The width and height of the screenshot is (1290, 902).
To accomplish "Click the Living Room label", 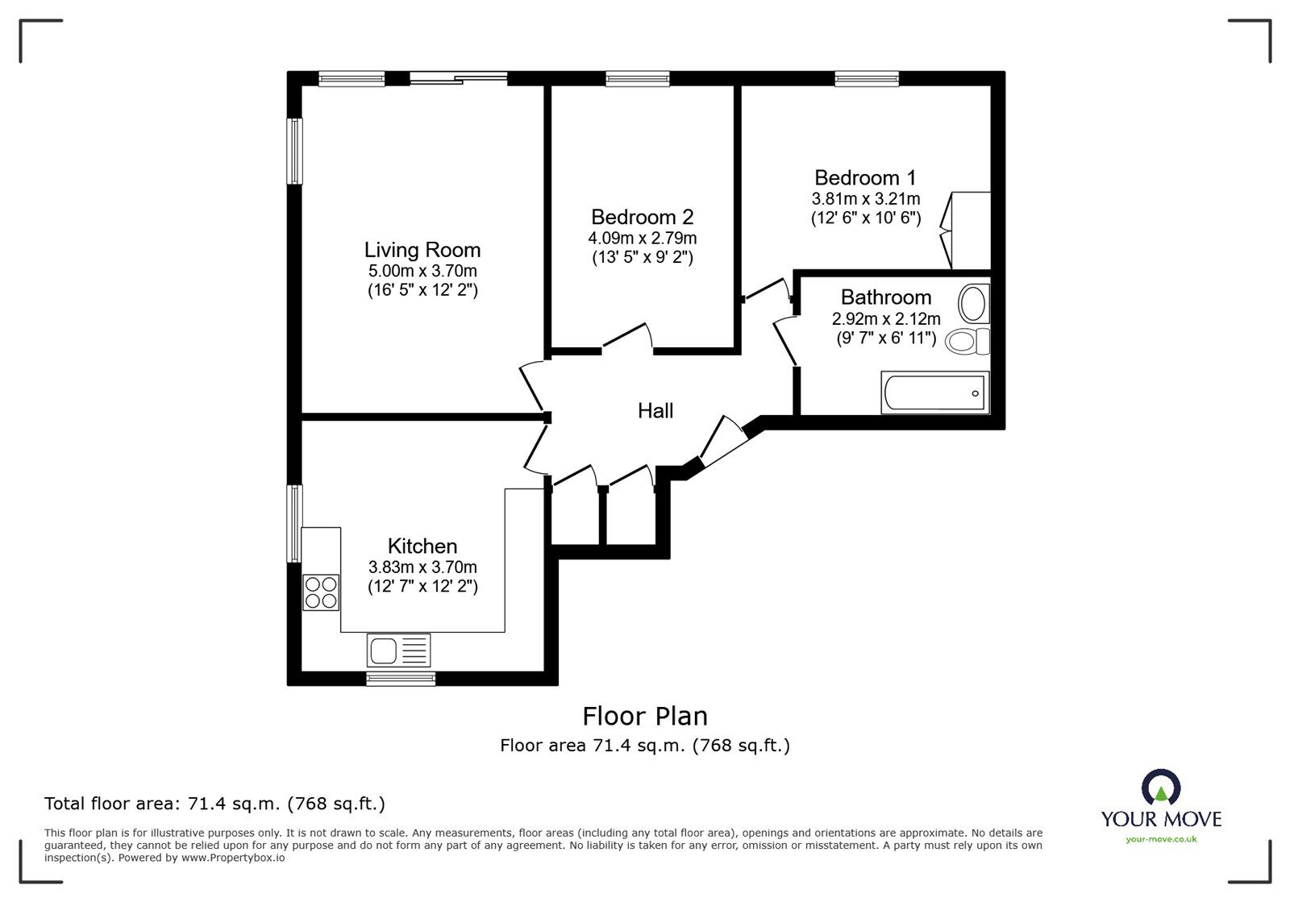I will pyautogui.click(x=422, y=250).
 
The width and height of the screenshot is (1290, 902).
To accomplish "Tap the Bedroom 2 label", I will pyautogui.click(x=642, y=217).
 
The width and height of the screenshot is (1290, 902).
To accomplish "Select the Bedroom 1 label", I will pyautogui.click(x=865, y=177).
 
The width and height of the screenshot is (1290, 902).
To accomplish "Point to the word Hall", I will pyautogui.click(x=655, y=411).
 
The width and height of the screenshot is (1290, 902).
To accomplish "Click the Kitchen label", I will pyautogui.click(x=422, y=546).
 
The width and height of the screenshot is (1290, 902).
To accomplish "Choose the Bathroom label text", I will pyautogui.click(x=885, y=297).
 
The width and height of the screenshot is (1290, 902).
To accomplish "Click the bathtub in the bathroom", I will pyautogui.click(x=934, y=393).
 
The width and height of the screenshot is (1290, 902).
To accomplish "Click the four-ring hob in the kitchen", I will pyautogui.click(x=321, y=592).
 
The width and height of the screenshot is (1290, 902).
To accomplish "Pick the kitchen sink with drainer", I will pyautogui.click(x=398, y=650).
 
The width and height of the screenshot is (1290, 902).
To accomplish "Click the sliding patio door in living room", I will pyautogui.click(x=458, y=78).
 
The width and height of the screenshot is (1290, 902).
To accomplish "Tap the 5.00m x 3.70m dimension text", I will pyautogui.click(x=422, y=272).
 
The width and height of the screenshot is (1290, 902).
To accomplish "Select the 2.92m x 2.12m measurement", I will pyautogui.click(x=885, y=319).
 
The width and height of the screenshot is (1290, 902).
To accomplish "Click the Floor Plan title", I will pyautogui.click(x=644, y=716).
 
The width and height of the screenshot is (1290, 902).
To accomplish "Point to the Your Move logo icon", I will pyautogui.click(x=1161, y=787).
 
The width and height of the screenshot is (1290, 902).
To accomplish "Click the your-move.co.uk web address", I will pyautogui.click(x=1161, y=839).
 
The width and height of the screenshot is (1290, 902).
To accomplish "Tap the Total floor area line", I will pyautogui.click(x=214, y=804).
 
